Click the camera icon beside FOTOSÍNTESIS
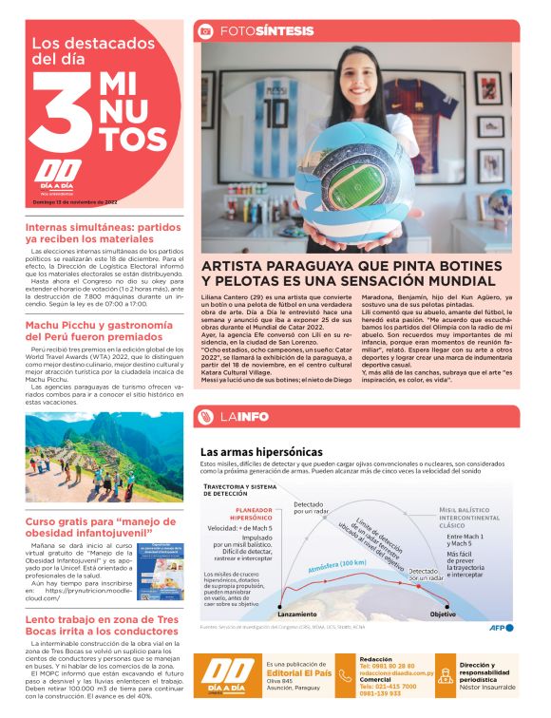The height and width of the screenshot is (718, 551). [204, 31]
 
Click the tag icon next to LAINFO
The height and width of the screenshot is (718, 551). [204, 415]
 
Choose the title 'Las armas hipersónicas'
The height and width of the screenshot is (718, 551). [261, 451]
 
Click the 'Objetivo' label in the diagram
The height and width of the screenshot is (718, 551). [443, 614]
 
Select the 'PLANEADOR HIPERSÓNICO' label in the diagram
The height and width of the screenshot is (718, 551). [246, 513]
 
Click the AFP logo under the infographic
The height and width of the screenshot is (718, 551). [501, 628]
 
